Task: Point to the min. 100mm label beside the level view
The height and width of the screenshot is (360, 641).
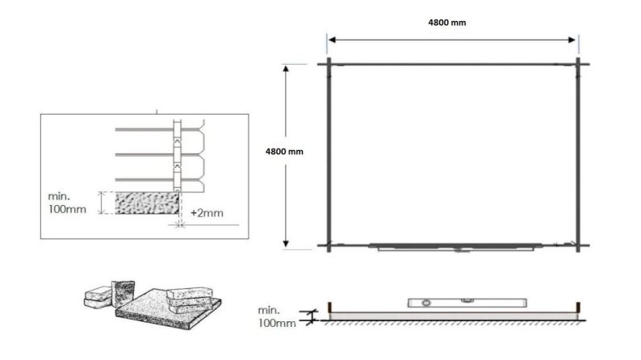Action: [277, 316]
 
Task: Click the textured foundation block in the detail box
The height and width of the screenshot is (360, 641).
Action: [146, 203]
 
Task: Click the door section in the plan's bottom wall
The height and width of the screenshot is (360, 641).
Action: [456, 247]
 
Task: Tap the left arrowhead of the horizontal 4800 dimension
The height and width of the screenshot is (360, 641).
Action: [331, 39]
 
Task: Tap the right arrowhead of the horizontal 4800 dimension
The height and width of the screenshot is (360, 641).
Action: [574, 39]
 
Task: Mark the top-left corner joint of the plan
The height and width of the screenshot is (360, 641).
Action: [328, 65]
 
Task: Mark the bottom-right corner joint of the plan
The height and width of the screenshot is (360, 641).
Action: [579, 244]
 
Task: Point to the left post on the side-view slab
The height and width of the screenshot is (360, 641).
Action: [329, 308]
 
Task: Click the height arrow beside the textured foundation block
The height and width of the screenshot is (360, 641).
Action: [101, 203]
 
